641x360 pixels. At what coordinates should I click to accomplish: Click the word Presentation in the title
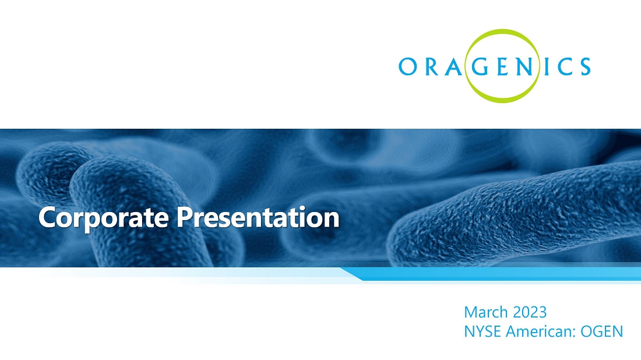coord(258,217)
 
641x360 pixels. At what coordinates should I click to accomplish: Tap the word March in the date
coord(485,312)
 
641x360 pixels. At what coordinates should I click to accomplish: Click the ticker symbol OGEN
coord(602,331)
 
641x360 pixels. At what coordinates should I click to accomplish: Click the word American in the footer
coord(541,331)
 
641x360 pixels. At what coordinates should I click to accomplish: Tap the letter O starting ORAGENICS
coord(408,66)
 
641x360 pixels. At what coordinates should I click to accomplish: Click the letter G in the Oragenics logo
coord(481,66)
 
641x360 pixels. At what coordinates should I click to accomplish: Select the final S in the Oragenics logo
coord(585,66)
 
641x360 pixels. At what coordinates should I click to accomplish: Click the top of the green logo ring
coord(502,31)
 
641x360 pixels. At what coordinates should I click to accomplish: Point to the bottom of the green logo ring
coord(502,101)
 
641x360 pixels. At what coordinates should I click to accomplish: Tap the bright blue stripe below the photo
coord(491,274)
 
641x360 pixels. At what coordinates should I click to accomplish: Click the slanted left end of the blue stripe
coord(351,274)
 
